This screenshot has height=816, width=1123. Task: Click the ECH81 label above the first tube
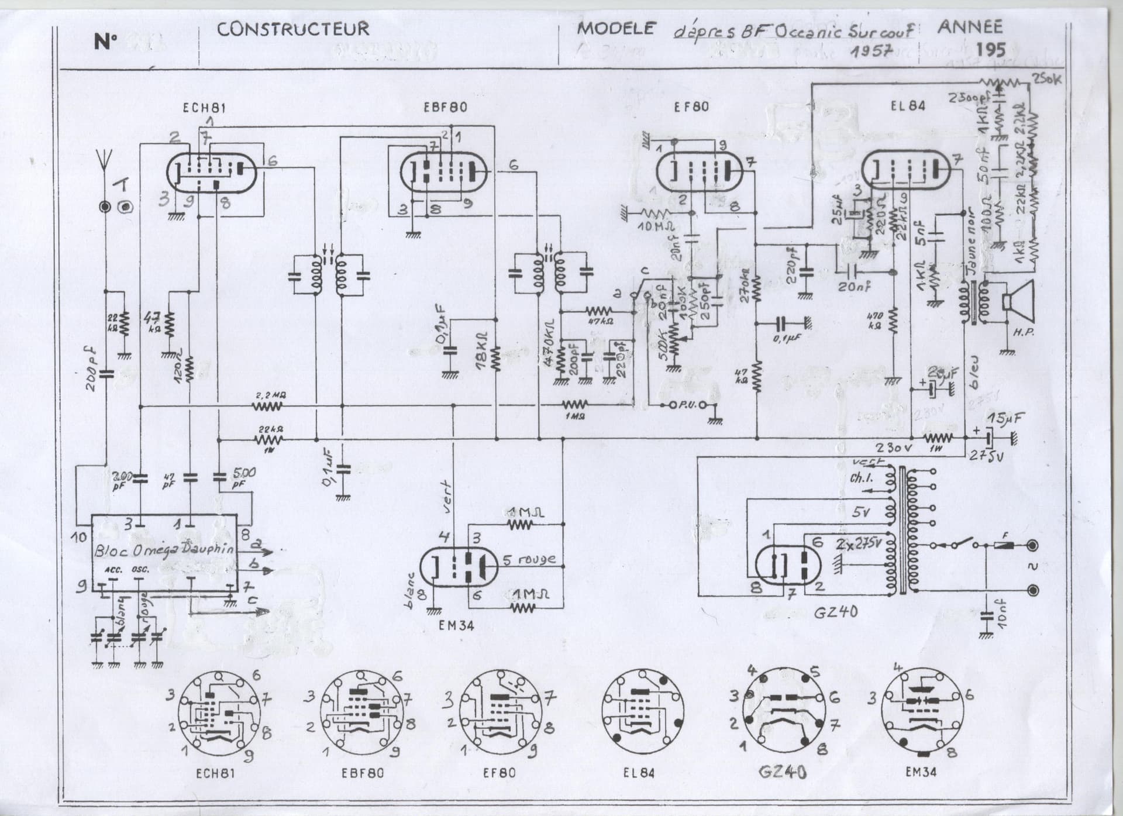(204, 108)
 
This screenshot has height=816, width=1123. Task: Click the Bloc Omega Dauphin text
(164, 550)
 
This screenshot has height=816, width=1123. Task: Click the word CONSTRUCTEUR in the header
(293, 29)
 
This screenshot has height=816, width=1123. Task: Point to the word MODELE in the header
(616, 28)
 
